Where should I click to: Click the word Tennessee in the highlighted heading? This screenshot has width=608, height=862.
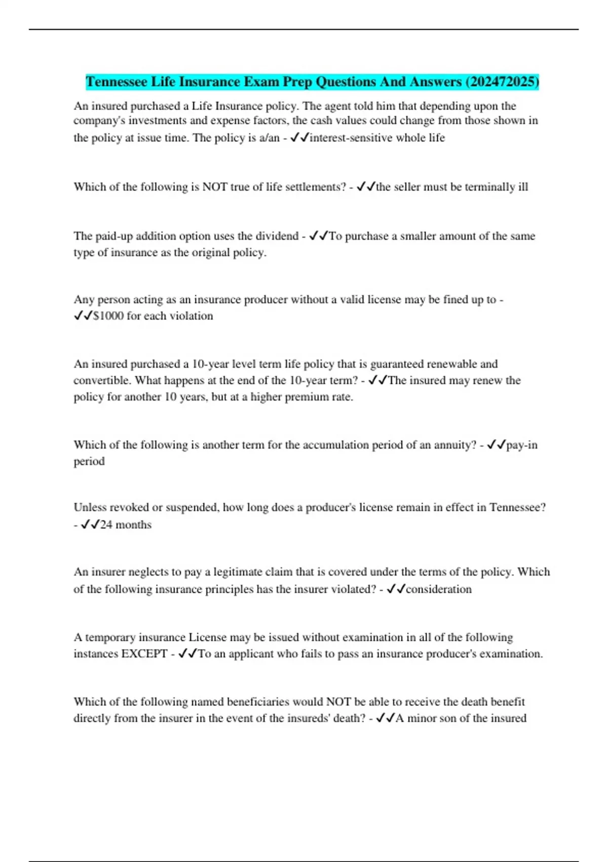pyautogui.click(x=116, y=82)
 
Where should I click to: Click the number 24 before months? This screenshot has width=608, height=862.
pyautogui.click(x=106, y=525)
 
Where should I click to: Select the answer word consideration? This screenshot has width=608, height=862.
pyautogui.click(x=439, y=589)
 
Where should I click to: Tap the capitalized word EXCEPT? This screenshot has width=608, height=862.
pyautogui.click(x=144, y=654)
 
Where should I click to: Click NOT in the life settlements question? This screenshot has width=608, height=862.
pyautogui.click(x=215, y=187)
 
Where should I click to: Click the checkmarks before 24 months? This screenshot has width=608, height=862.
pyautogui.click(x=90, y=525)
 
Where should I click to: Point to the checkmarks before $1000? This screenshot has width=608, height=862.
pyautogui.click(x=83, y=316)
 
